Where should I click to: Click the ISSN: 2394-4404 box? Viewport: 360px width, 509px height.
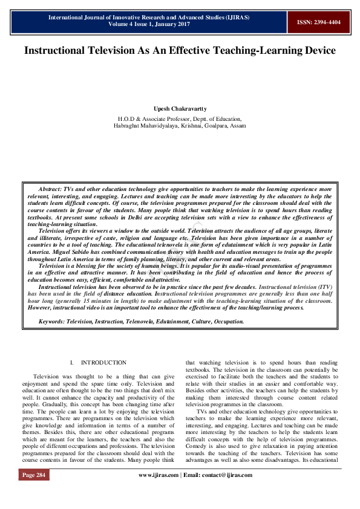pyautogui.click(x=318, y=22)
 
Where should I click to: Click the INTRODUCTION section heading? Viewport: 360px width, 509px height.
pyautogui.click(x=103, y=363)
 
